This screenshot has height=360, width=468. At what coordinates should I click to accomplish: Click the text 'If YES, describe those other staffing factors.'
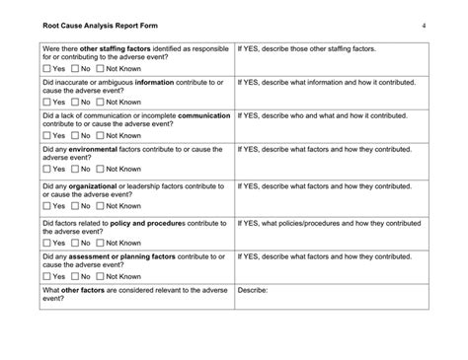point(314,48)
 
